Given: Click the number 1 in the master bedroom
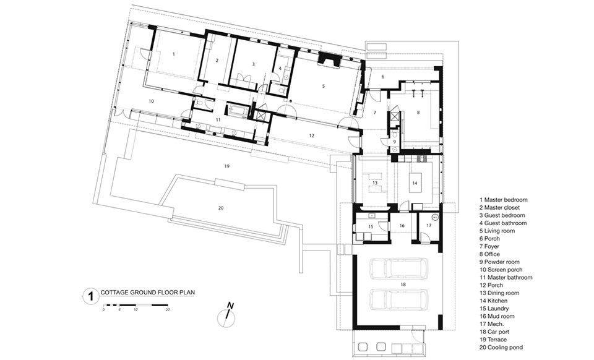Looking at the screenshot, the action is pos(173,54).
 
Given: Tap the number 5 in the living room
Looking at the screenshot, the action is pos(324,87).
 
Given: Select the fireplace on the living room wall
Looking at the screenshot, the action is pos(329,59).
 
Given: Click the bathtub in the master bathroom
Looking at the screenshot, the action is pos(238,111).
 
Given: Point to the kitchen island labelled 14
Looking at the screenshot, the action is pos(415,183).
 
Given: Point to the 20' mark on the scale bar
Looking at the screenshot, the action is pos(168,309).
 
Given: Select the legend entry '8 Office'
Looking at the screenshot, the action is pos(489,254).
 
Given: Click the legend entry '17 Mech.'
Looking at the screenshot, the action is pos(492,324).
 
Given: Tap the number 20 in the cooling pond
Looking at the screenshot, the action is pos(222,208).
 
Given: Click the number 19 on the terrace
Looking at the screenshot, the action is pos(227,166).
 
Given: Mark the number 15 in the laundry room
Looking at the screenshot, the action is pos(371,226).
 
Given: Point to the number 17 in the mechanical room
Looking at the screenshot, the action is pos(429,225).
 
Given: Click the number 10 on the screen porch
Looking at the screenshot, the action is pos(151,101).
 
